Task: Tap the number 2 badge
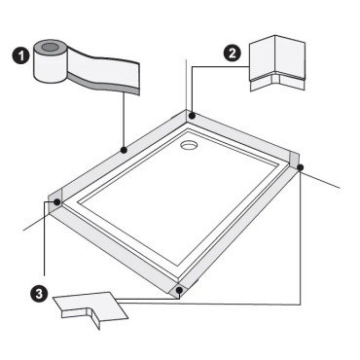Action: click(232, 54)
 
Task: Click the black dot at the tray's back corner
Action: click(193, 116)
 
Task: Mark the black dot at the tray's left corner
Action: click(58, 202)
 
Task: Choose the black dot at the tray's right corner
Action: click(301, 168)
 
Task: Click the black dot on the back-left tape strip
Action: click(123, 150)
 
